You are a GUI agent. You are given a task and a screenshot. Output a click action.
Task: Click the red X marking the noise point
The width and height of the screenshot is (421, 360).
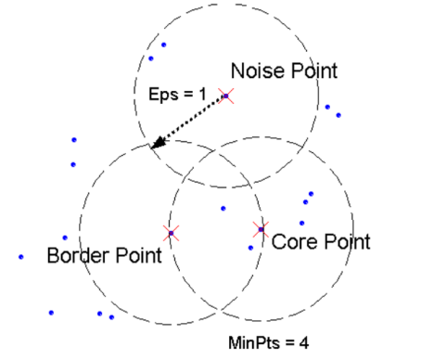click(x=226, y=96)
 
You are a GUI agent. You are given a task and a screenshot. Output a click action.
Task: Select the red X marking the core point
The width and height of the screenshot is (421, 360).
click(x=261, y=229)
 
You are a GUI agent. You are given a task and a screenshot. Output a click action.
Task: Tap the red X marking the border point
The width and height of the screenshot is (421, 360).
click(x=171, y=233)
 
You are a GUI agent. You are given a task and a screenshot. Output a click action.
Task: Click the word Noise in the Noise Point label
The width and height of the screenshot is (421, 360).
click(x=258, y=71)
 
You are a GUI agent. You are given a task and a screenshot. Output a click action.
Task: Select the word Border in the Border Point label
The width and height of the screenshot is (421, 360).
click(x=79, y=255)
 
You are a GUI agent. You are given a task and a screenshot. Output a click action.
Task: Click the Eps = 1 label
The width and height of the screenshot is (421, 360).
click(x=177, y=94)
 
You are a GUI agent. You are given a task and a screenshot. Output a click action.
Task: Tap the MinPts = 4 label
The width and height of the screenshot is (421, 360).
click(x=268, y=343)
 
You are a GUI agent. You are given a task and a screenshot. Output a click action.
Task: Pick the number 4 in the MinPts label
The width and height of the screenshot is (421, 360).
click(x=304, y=343)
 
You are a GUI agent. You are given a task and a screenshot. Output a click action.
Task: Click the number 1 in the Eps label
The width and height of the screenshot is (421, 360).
click(x=202, y=94)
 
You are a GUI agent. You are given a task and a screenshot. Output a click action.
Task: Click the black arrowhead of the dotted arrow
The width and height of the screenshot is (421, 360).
click(x=158, y=143)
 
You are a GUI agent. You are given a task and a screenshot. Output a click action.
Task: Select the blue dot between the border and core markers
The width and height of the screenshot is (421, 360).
click(x=223, y=209)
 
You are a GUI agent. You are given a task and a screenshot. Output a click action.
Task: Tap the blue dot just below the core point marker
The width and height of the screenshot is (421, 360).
click(x=250, y=248)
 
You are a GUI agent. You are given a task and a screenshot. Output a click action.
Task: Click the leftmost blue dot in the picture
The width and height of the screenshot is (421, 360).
click(x=21, y=257)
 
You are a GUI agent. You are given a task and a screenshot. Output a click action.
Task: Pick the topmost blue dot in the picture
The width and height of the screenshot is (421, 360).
click(x=164, y=45)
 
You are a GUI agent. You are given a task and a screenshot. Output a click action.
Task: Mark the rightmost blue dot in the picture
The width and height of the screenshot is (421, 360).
click(x=338, y=115)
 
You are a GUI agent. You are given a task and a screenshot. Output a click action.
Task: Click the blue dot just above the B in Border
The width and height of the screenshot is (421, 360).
click(x=65, y=238)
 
